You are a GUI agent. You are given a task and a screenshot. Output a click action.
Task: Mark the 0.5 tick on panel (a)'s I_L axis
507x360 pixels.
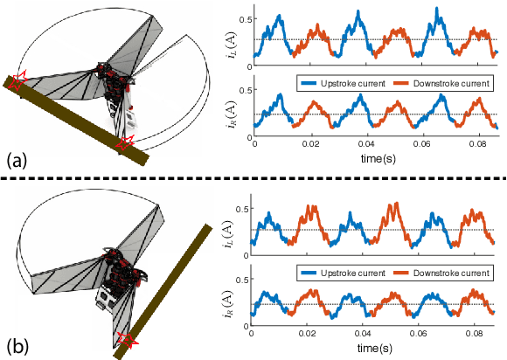pos(246,18)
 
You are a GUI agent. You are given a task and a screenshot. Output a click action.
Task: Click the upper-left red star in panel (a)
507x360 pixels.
pos(20,80)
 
